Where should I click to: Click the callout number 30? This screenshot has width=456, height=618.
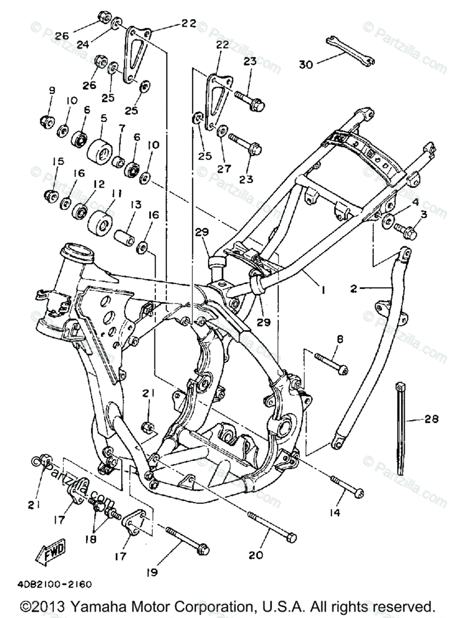click(306, 64)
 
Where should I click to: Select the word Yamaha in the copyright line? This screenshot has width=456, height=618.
click(118, 605)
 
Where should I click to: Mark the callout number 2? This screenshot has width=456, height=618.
click(353, 289)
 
